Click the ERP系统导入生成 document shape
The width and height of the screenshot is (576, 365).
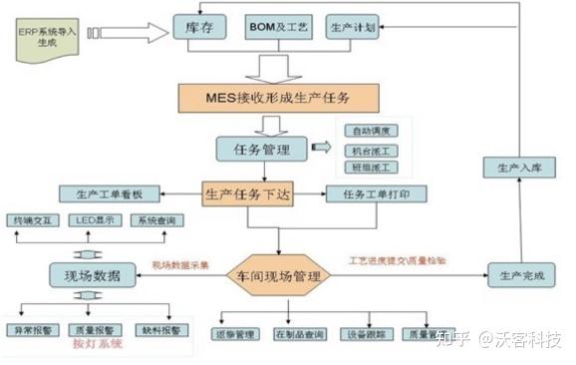click(45, 39)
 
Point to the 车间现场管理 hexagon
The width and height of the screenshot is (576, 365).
click(280, 272)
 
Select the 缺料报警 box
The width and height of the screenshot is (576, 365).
click(160, 330)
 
